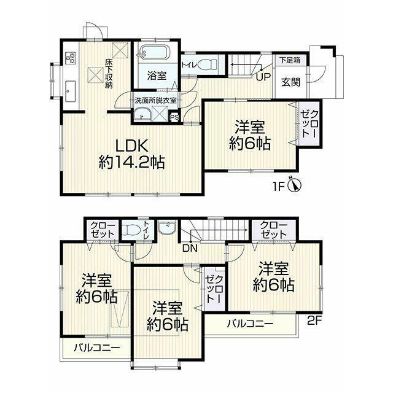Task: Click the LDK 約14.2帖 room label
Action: click(x=131, y=154)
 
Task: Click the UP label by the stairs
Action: click(x=263, y=76)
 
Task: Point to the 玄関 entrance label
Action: click(x=290, y=82)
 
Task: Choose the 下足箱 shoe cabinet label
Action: click(x=290, y=60)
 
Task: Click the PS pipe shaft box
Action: click(x=174, y=117)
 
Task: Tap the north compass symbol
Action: click(x=295, y=185)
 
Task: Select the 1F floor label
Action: click(x=278, y=187)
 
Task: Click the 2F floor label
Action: click(x=314, y=321)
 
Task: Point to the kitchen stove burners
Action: click(x=71, y=57)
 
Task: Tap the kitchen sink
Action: click(x=71, y=91)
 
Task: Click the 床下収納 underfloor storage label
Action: click(x=108, y=73)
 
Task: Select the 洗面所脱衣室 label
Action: click(x=155, y=101)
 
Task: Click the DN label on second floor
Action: click(x=190, y=248)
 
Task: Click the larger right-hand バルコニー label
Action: click(x=250, y=324)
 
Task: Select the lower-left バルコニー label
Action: click(x=97, y=348)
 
